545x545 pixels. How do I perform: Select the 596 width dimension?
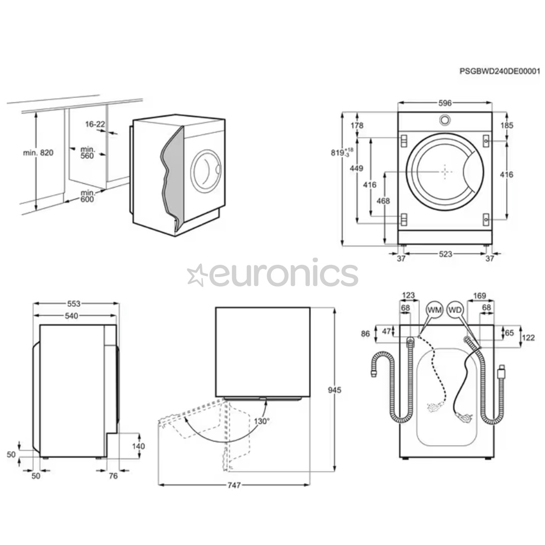click(445, 103)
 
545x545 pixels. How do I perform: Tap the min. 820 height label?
click(38, 152)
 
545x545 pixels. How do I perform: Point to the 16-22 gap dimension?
click(95, 124)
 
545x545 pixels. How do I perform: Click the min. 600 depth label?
click(88, 196)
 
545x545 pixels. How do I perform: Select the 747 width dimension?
click(233, 485)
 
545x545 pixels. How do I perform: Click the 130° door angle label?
click(261, 421)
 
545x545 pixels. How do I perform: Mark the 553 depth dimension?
click(74, 304)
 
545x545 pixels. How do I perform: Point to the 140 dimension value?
click(138, 446)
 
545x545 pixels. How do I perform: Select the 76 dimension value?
click(113, 475)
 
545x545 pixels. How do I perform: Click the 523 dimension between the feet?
click(445, 254)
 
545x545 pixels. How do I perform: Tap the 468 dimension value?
click(384, 201)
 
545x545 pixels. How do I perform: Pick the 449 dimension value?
click(357, 169)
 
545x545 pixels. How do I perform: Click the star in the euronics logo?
click(197, 275)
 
